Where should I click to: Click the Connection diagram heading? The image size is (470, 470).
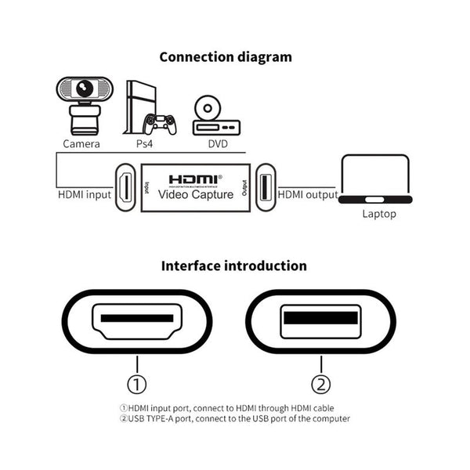coord(226,56)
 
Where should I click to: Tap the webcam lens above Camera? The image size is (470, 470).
coord(82,88)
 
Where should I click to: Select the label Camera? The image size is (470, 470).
coord(81,144)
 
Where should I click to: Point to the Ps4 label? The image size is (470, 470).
coord(144,144)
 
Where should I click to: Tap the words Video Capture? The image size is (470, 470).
coord(196,194)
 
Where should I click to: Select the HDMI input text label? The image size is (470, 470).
coord(85,194)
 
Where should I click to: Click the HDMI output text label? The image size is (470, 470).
coord(309,194)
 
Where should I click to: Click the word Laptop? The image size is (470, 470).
coord(379,213)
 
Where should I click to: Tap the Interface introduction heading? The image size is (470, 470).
coord(233,266)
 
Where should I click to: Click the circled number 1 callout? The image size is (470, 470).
coord(137,384)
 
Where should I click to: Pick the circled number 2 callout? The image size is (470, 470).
coord(321,384)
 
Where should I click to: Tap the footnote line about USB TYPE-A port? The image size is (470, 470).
coord(235,418)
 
